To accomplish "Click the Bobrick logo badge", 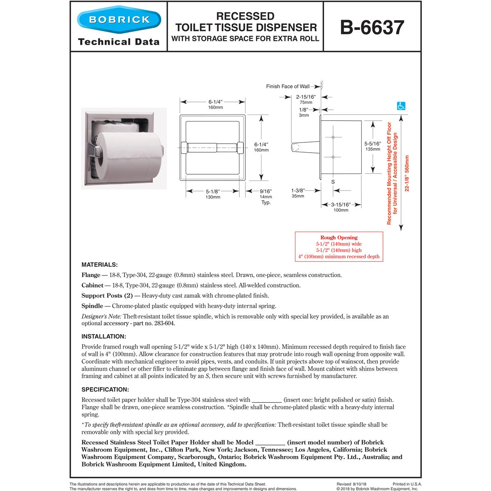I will [119, 19].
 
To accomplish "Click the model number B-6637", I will [372, 27].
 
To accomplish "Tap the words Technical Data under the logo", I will [119, 42].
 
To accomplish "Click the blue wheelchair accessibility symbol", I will [401, 106].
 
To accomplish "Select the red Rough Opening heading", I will [339, 237].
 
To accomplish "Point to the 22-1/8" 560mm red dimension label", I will [407, 173].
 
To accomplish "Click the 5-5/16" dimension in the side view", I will [372, 144].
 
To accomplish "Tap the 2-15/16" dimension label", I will [306, 97].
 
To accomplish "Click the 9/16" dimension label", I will [266, 191].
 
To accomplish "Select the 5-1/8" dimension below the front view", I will [213, 191].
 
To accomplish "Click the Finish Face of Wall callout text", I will [288, 86].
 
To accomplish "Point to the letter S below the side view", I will [333, 182].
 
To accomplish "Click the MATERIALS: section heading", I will [99, 265].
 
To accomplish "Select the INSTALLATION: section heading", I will [104, 336].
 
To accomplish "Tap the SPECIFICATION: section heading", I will [105, 390].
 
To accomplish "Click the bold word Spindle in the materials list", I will [92, 306].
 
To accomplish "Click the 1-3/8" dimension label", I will [297, 191].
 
